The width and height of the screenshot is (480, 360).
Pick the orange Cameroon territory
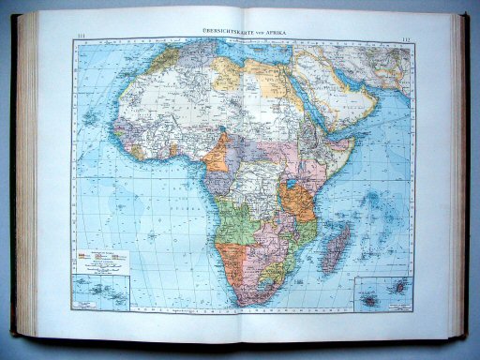pyautogui.click(x=221, y=155)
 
